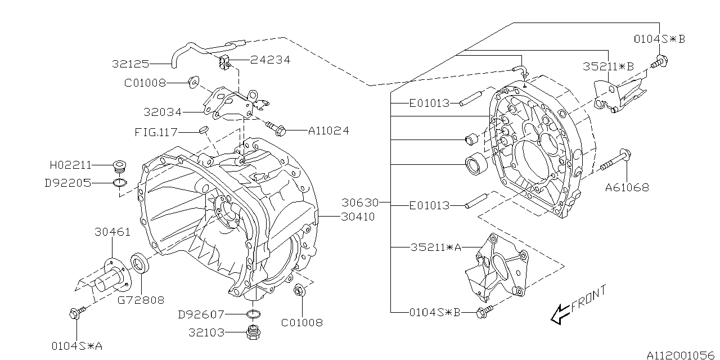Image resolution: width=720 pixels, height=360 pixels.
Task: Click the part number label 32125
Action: coord(130,64)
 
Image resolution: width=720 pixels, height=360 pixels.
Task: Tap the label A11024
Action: coord(328,131)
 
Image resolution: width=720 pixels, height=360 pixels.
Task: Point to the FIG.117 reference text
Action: coord(156,133)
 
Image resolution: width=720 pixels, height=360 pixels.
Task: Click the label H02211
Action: coord(70,165)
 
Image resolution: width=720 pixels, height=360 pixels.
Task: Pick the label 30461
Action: coord(112,232)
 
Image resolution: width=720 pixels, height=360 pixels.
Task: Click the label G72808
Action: coord(141,300)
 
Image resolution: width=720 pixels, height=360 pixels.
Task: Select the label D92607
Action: coord(201,314)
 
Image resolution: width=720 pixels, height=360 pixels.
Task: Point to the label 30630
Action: coord(361,202)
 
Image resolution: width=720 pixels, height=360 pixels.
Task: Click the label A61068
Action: coord(627,187)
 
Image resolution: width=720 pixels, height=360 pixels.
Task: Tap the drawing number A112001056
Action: coord(681,355)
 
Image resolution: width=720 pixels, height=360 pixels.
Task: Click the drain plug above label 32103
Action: coord(253,332)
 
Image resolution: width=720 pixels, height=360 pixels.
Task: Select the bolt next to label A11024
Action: coord(275,129)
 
